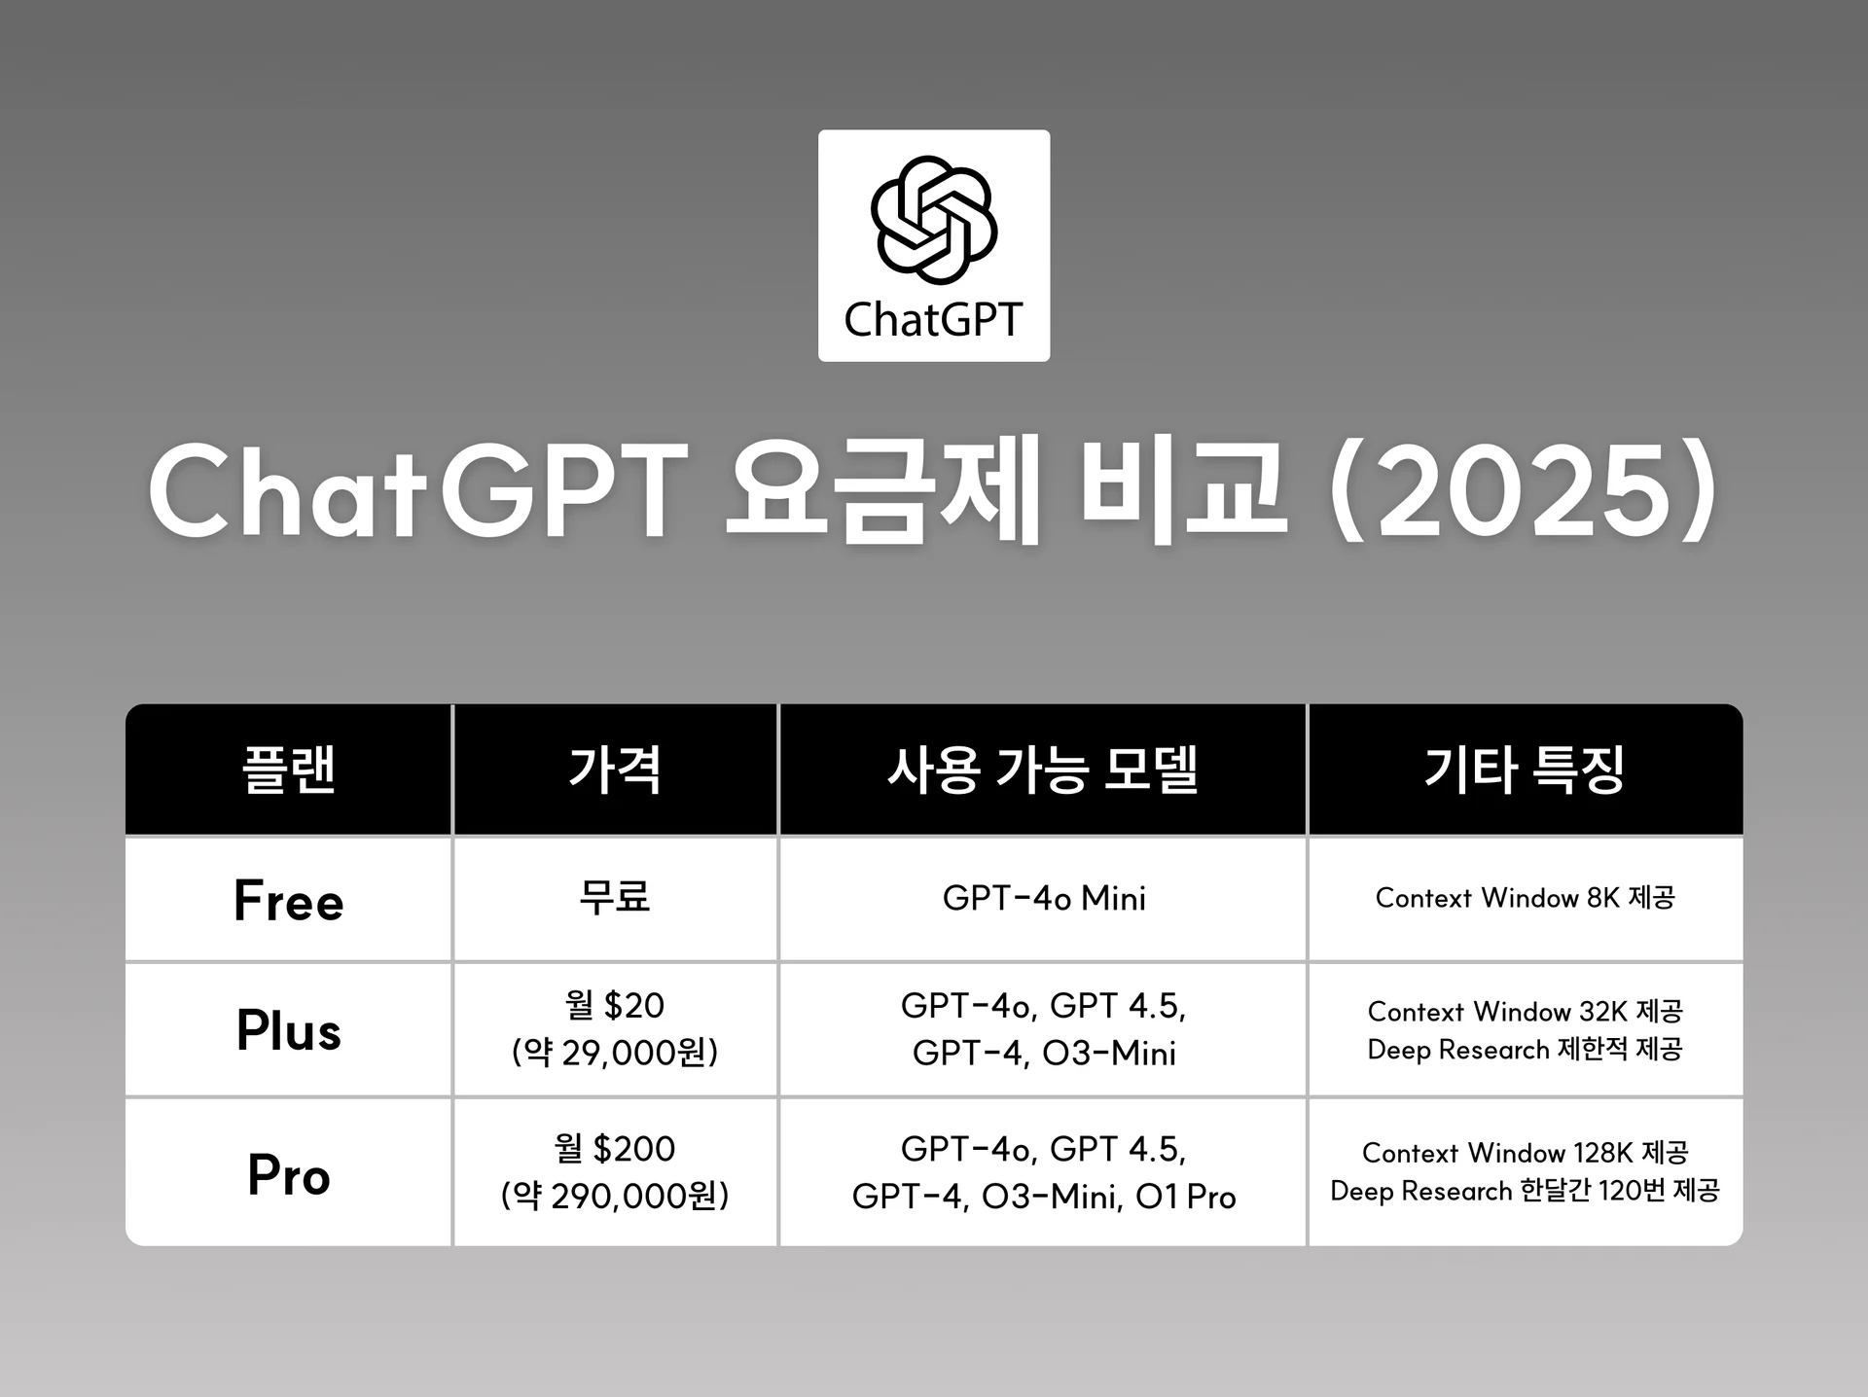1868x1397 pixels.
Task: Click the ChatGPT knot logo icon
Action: click(934, 219)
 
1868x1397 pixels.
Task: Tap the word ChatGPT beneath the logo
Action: click(933, 320)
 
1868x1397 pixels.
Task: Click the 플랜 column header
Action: click(288, 770)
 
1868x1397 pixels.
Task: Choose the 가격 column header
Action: click(615, 770)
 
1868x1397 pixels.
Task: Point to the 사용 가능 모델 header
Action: click(1042, 770)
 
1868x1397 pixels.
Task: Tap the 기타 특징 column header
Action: click(1525, 770)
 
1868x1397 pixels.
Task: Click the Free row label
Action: click(288, 900)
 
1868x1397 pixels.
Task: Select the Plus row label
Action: click(288, 1030)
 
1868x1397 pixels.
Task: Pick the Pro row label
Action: click(288, 1174)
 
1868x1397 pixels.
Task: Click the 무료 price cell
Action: click(615, 897)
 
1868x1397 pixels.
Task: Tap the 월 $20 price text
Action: click(615, 1005)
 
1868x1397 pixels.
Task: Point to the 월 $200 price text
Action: click(615, 1149)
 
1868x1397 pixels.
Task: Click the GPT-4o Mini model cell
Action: click(1043, 898)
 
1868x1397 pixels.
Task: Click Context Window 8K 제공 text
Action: click(1525, 898)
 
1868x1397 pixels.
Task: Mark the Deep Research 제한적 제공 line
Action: click(1525, 1050)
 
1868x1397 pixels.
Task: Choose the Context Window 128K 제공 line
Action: click(1525, 1153)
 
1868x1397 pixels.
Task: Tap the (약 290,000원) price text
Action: click(615, 1196)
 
